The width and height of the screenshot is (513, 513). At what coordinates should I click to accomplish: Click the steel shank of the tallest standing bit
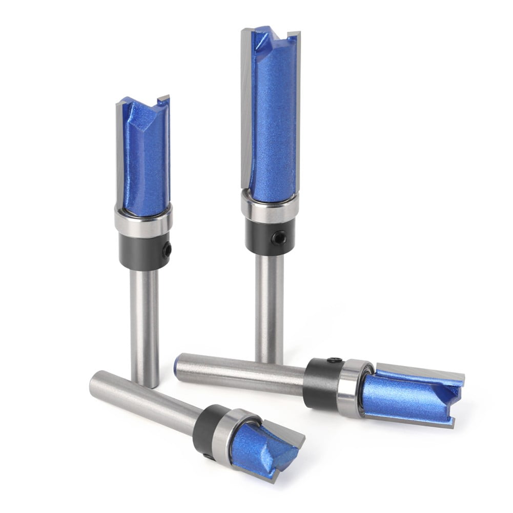coord(269,307)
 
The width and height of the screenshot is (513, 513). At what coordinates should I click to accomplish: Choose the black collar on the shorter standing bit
coord(143,251)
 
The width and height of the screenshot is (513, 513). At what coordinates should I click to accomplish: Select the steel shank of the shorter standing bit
coord(144,328)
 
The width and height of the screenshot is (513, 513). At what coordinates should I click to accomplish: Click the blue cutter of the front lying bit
coord(264,448)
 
